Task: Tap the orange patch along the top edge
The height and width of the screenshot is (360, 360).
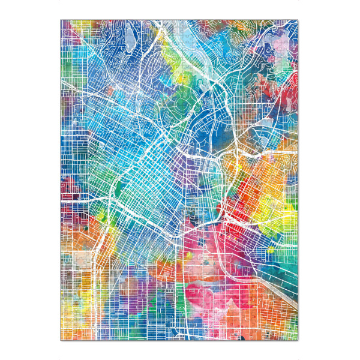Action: pyautogui.click(x=210, y=25)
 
